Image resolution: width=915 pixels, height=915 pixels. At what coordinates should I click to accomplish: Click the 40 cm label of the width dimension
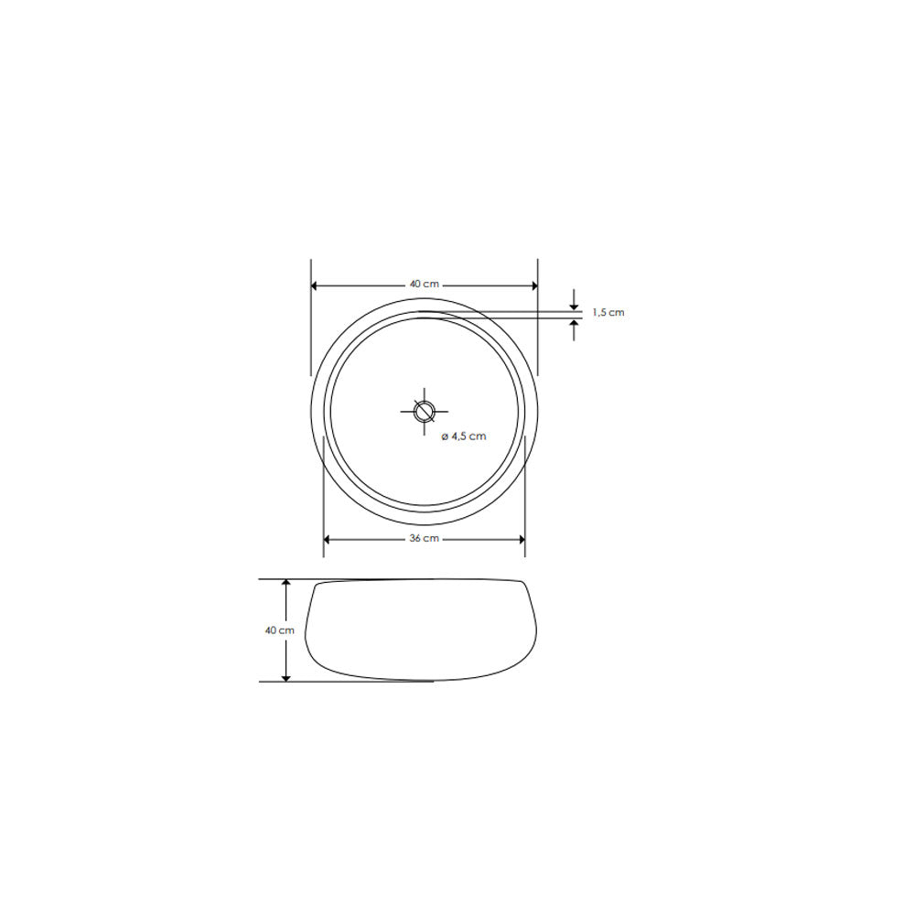(x=424, y=285)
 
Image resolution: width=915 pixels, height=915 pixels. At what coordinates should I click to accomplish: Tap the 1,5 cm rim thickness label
(x=608, y=313)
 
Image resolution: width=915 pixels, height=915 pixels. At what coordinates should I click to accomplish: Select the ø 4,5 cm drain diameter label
(x=464, y=436)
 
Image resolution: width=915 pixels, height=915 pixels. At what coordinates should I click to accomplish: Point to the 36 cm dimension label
(x=424, y=539)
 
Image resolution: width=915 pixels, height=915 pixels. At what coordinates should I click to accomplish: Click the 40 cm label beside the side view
(x=278, y=630)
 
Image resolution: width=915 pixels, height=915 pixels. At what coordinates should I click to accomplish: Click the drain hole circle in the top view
(x=424, y=411)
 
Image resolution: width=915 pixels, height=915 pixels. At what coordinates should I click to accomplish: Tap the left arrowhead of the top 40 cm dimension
(x=317, y=285)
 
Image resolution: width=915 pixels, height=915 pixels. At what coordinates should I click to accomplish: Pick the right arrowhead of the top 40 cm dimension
(x=533, y=285)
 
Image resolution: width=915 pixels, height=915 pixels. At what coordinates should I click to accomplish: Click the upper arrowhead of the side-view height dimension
(x=286, y=585)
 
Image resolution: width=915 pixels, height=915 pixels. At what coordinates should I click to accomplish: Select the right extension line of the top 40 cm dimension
(x=537, y=320)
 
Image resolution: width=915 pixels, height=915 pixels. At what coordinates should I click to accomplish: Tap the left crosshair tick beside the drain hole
(x=405, y=411)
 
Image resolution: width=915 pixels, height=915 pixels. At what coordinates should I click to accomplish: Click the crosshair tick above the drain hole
(x=424, y=393)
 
